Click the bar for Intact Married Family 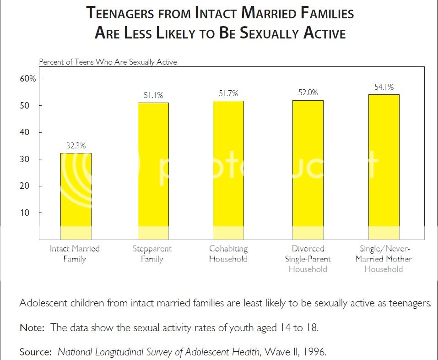coord(76,196)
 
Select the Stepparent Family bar coord(153,171)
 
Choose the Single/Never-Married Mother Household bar coord(384,167)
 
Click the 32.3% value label coord(76,146)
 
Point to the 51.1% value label coord(153,95)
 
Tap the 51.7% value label coord(228,93)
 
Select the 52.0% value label coord(308,93)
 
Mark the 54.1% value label coord(384,87)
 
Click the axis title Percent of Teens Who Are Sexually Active coord(108,62)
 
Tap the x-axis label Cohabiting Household coord(228,254)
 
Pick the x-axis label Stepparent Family coord(152,254)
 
